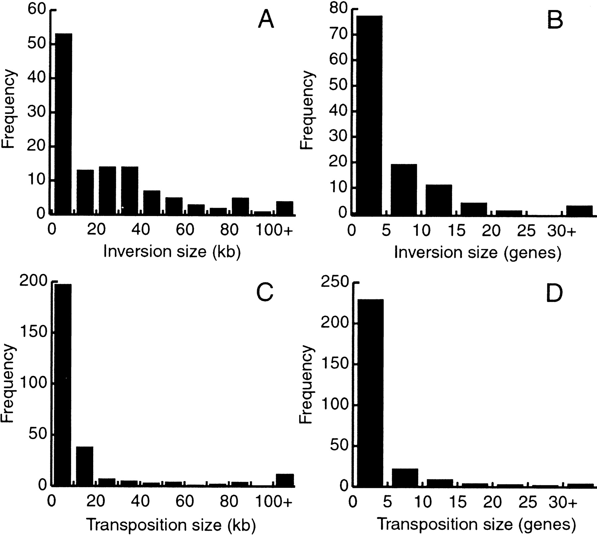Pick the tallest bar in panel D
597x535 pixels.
coord(370,393)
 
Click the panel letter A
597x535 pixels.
coord(266,20)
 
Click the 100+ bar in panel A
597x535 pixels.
coord(285,208)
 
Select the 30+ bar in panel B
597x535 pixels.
coord(579,211)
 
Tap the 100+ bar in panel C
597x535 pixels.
coord(285,480)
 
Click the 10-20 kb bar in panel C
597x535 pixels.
coord(85,466)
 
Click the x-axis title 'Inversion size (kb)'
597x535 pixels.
coord(172,252)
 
